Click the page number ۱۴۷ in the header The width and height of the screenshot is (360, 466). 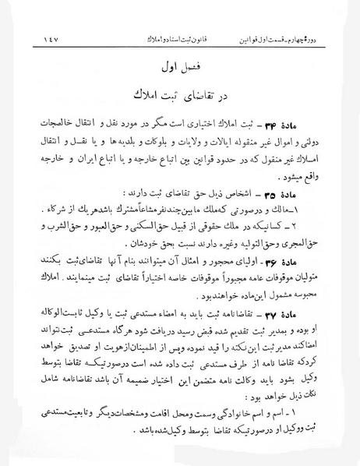click(34, 38)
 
